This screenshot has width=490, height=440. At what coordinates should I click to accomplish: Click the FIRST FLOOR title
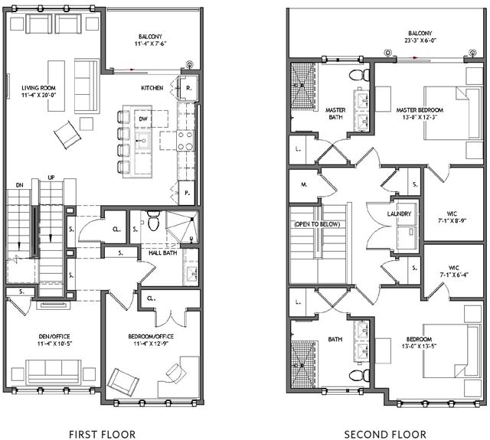pyautogui.click(x=102, y=434)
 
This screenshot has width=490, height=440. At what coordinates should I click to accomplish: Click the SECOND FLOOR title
pyautogui.click(x=385, y=434)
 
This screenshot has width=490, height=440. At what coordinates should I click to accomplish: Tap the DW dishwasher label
pyautogui.click(x=143, y=119)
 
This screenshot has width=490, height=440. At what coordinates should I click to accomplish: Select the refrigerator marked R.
pyautogui.click(x=188, y=88)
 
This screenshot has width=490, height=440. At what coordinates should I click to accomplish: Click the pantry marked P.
pyautogui.click(x=187, y=193)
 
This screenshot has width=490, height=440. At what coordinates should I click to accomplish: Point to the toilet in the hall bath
pyautogui.click(x=153, y=220)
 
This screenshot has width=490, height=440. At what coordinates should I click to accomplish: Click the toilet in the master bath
pyautogui.click(x=359, y=75)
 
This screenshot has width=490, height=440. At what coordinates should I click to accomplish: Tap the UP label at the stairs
pyautogui.click(x=51, y=178)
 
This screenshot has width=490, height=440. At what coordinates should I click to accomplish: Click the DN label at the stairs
pyautogui.click(x=19, y=185)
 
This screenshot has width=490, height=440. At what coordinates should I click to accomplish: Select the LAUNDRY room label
pyautogui.click(x=399, y=214)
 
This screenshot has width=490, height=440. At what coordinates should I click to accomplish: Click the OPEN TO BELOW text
pyautogui.click(x=317, y=224)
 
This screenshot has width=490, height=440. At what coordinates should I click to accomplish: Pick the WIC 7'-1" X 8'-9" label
pyautogui.click(x=452, y=217)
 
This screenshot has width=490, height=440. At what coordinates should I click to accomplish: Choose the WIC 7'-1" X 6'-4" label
pyautogui.click(x=453, y=271)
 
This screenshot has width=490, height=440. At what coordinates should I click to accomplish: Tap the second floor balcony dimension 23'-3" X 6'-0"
pyautogui.click(x=420, y=40)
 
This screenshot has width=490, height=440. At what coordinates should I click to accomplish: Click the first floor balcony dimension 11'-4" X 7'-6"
pyautogui.click(x=150, y=44)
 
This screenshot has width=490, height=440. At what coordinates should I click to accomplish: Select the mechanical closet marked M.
pyautogui.click(x=303, y=184)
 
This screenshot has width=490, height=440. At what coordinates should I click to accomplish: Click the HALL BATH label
pyautogui.click(x=162, y=253)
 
